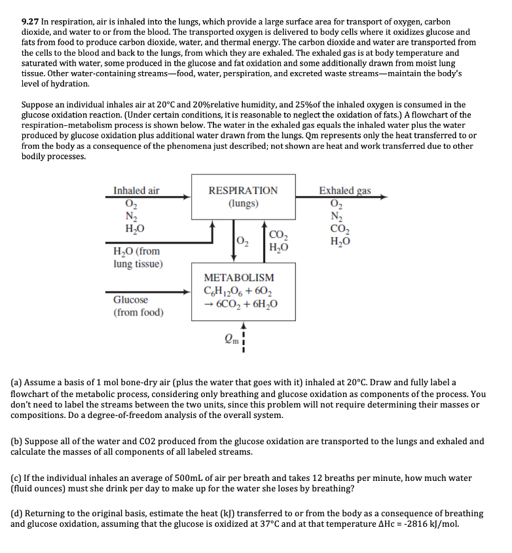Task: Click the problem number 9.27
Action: click(x=31, y=22)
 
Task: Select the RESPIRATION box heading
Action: click(x=243, y=191)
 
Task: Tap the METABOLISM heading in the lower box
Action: click(x=239, y=278)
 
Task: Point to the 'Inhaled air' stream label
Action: click(x=136, y=191)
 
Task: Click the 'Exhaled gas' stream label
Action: click(x=344, y=191)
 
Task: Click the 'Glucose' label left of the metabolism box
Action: click(x=130, y=300)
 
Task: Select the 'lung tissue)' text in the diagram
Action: click(x=138, y=264)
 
